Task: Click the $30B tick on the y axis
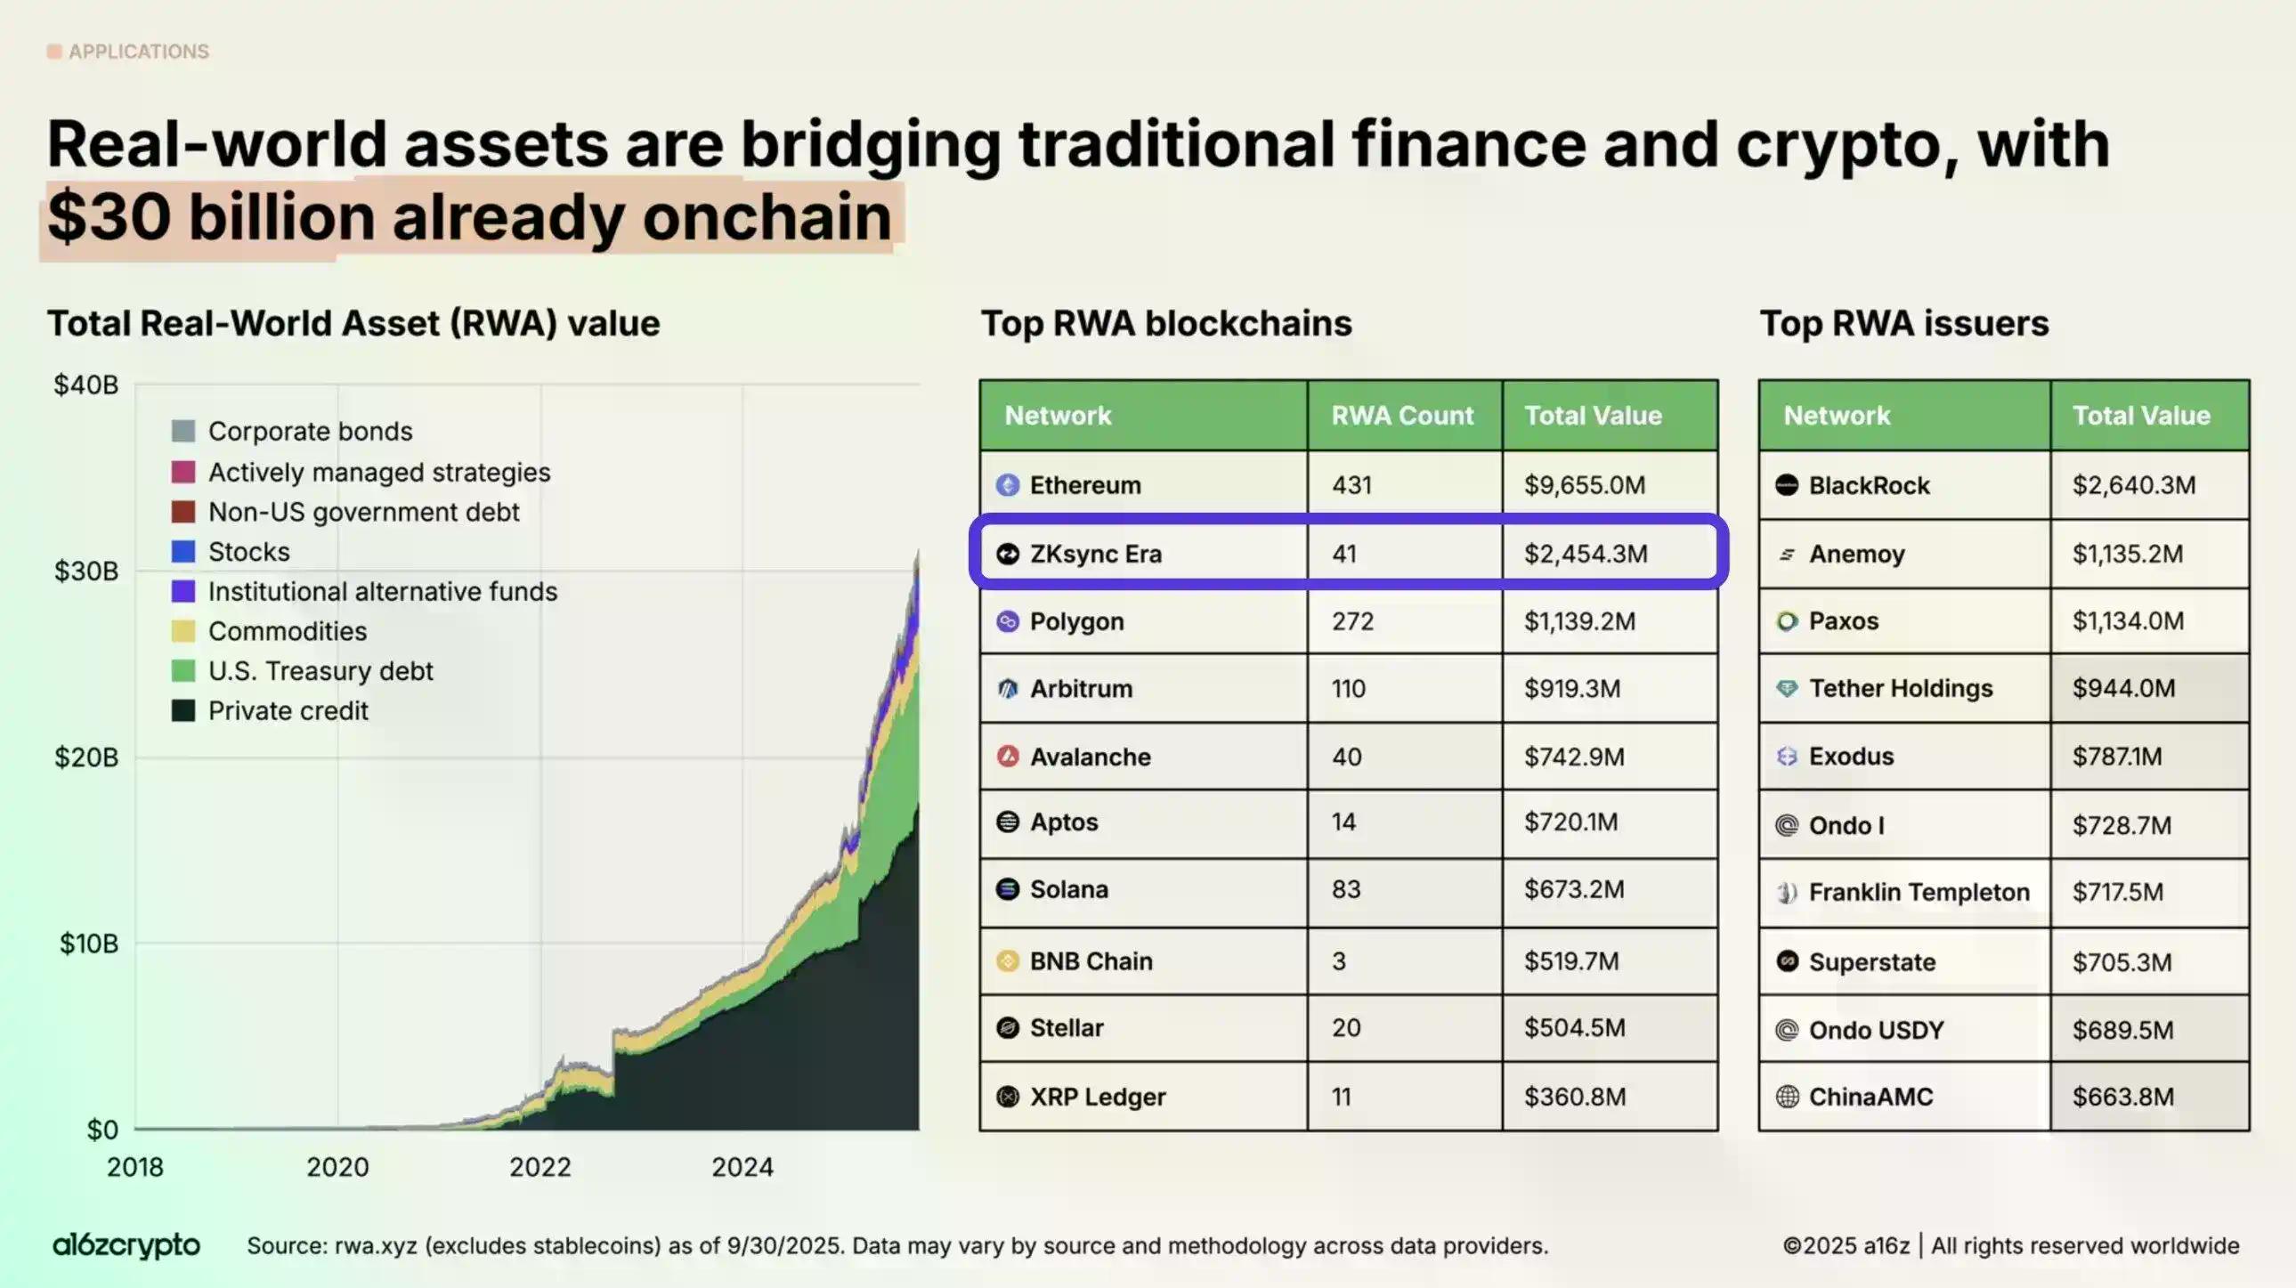pyautogui.click(x=86, y=571)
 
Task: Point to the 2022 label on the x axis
pyautogui.click(x=540, y=1167)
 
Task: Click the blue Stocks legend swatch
pyautogui.click(x=183, y=552)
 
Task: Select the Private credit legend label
pyautogui.click(x=288, y=710)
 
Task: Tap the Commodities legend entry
pyautogui.click(x=287, y=631)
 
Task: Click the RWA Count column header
pyautogui.click(x=1402, y=416)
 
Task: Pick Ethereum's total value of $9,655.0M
pyautogui.click(x=1584, y=485)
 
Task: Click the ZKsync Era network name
pyautogui.click(x=1095, y=554)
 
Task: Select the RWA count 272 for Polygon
pyautogui.click(x=1352, y=621)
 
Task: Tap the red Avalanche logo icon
pyautogui.click(x=1007, y=757)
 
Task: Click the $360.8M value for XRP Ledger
pyautogui.click(x=1574, y=1097)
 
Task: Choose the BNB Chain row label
pyautogui.click(x=1091, y=960)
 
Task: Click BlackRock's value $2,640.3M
pyautogui.click(x=2133, y=485)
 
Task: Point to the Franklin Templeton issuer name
pyautogui.click(x=1919, y=892)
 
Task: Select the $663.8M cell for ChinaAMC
pyautogui.click(x=2122, y=1097)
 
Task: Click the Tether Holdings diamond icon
pyautogui.click(x=1786, y=688)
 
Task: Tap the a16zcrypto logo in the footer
pyautogui.click(x=126, y=1245)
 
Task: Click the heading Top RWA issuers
pyautogui.click(x=1903, y=324)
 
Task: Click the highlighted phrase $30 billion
pyautogui.click(x=210, y=217)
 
